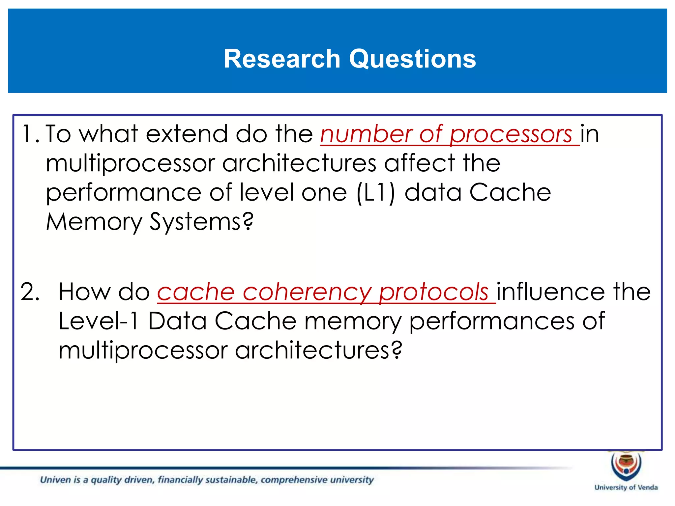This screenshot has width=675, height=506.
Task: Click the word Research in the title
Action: pos(282,59)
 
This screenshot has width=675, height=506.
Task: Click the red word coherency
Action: pos(307,293)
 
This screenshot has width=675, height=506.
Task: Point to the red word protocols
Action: pos(433,293)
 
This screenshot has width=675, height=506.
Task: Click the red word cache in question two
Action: pos(196,293)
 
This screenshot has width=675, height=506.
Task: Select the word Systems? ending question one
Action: pos(202,222)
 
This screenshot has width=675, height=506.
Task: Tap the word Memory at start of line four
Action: pos(94,222)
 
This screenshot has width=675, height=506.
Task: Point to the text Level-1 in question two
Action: pos(98,321)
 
